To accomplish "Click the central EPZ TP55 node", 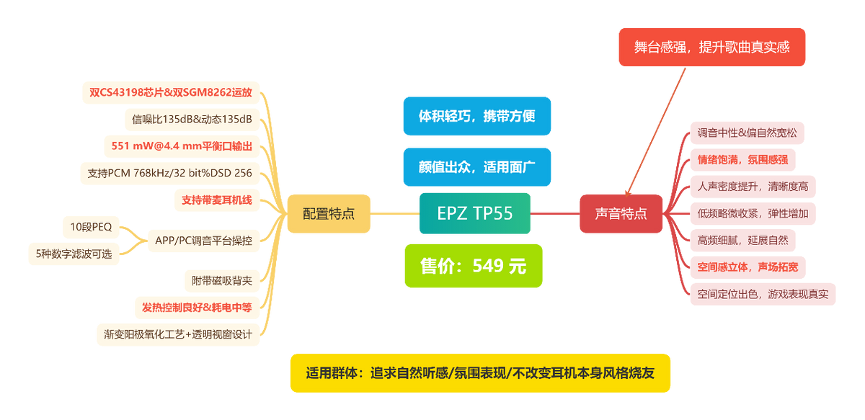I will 474,213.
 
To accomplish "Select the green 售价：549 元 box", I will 474,266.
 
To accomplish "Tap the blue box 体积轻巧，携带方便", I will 476,116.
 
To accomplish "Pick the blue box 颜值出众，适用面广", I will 476,167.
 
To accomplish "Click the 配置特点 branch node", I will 329,213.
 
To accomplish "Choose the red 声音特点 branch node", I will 621,213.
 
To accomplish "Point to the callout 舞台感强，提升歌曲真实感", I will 711,48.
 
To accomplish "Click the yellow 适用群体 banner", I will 479,373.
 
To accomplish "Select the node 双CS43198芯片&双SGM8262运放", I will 170,92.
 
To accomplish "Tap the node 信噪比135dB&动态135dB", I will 191,119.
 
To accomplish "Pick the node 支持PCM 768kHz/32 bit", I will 169,173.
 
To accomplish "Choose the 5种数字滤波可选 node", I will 74,254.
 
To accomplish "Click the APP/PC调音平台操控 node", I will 203,241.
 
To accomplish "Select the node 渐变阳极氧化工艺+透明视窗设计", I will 177,334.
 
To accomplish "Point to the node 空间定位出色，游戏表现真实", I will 763,294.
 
